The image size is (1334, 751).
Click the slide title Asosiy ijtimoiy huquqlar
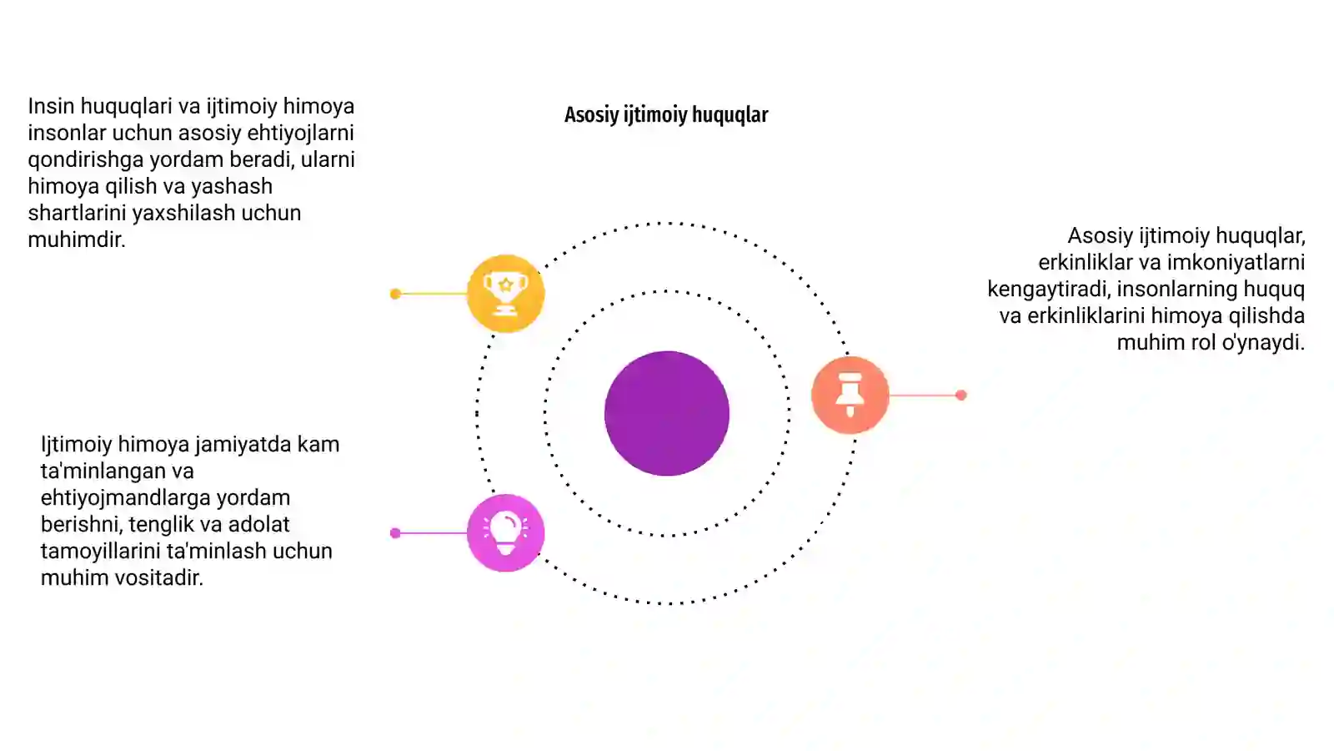coord(666,115)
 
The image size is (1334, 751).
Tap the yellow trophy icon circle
coord(505,293)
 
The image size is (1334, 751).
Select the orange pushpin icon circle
coord(850,395)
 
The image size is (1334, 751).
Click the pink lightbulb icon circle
coord(505,533)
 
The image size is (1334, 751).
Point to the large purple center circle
coord(666,413)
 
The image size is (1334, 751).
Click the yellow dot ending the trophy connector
coord(395,294)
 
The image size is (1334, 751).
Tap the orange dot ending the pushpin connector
coord(960,395)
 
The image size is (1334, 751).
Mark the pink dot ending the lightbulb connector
coord(395,533)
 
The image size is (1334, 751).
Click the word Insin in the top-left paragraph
coord(51,106)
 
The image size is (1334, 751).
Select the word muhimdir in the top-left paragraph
coord(76,239)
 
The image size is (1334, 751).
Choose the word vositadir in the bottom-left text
coord(153,577)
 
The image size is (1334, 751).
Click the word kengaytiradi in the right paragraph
coord(1049,290)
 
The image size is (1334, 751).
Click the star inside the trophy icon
coord(505,285)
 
